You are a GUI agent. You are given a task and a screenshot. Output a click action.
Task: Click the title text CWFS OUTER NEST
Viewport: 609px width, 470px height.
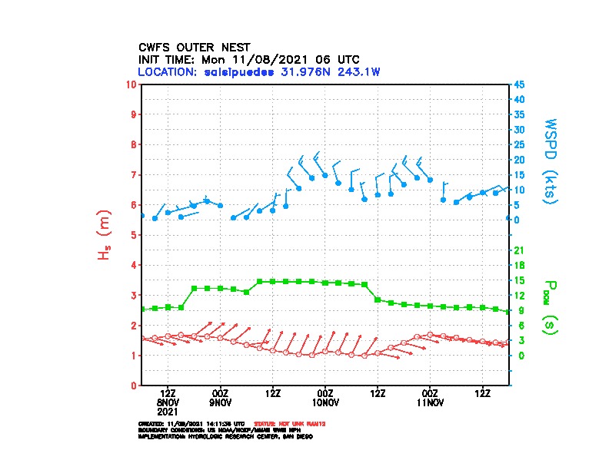click(x=194, y=47)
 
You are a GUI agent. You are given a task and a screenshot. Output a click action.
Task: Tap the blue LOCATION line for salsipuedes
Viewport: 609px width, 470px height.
click(x=259, y=71)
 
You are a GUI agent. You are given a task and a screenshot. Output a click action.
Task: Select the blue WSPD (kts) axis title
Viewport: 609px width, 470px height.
click(x=551, y=161)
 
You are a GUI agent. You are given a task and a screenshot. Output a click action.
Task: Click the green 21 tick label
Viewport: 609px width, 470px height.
click(x=519, y=250)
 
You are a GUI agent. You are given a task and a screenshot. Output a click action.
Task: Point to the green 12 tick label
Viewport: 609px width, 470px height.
click(x=519, y=295)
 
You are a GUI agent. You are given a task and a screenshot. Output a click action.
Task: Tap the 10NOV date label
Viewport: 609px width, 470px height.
click(x=325, y=402)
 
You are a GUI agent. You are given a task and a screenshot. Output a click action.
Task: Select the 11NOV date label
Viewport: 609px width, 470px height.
click(x=430, y=402)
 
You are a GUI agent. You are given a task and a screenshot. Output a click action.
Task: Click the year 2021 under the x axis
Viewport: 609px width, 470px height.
click(x=168, y=411)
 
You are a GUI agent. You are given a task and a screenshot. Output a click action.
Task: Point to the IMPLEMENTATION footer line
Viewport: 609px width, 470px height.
click(x=225, y=436)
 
